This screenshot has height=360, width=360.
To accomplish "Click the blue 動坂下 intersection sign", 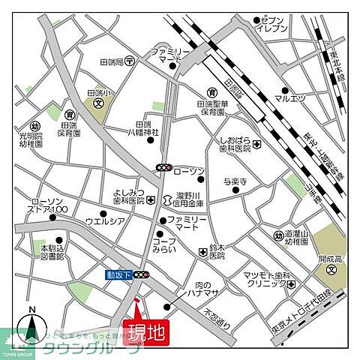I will click(118, 275).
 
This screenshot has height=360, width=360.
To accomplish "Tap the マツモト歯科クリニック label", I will click(264, 280).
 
